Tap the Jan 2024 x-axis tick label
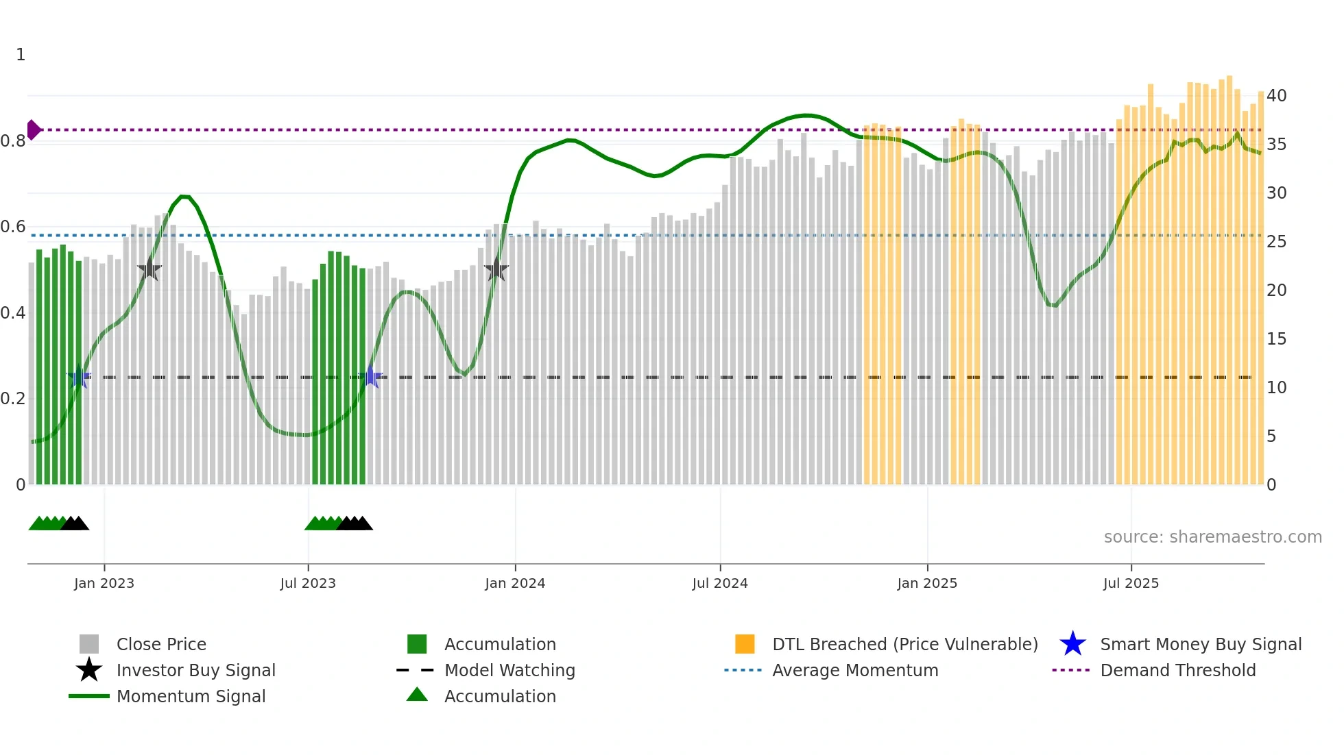[515, 584]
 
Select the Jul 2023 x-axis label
[308, 584]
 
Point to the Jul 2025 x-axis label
[1131, 584]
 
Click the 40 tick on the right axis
[1276, 96]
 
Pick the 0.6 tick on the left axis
[13, 227]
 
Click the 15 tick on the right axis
[1276, 339]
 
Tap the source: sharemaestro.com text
[1212, 537]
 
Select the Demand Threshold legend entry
[1177, 671]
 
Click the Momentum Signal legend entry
[191, 697]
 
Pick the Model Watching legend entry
[509, 671]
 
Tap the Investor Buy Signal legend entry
[195, 671]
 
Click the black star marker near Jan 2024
[496, 269]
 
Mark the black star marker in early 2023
[149, 269]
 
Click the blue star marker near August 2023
[371, 377]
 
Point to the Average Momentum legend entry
[854, 671]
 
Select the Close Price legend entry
[161, 645]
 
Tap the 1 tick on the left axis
[21, 55]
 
